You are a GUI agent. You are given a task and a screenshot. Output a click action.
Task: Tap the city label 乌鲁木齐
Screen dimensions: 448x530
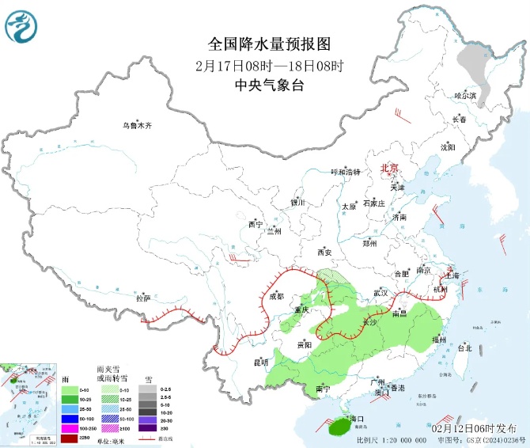point(136,125)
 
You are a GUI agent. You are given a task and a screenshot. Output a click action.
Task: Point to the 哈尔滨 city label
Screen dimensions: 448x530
point(465,96)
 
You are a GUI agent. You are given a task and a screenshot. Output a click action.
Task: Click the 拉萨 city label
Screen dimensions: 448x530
point(142,298)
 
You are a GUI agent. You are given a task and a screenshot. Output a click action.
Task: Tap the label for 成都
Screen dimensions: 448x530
point(276,297)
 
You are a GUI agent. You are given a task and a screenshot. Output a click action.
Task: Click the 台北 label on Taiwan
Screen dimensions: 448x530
point(464,347)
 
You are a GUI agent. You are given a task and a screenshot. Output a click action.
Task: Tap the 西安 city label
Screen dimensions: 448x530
point(324,252)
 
